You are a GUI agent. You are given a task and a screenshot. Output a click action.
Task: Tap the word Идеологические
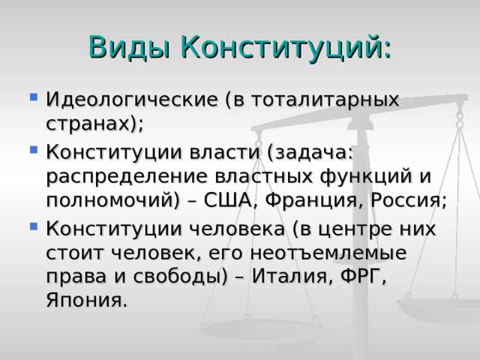(135, 100)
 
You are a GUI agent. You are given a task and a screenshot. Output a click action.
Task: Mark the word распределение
(129, 177)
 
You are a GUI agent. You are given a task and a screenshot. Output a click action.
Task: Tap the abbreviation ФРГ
(361, 277)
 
